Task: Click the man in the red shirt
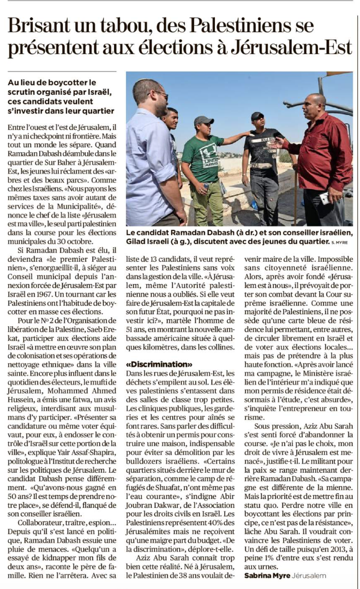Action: coord(320,158)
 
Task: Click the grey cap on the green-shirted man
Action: coord(203,120)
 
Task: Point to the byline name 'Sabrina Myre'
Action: coord(267,575)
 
